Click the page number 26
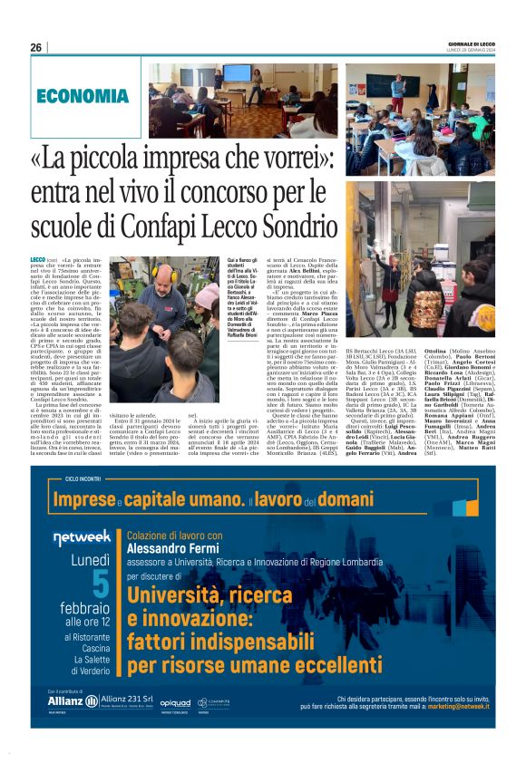tap(36, 47)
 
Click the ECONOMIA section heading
tap(83, 96)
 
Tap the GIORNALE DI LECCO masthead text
tap(472, 43)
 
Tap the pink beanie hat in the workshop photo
tap(207, 299)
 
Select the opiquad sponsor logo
tap(175, 702)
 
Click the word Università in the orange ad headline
tap(174, 594)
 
